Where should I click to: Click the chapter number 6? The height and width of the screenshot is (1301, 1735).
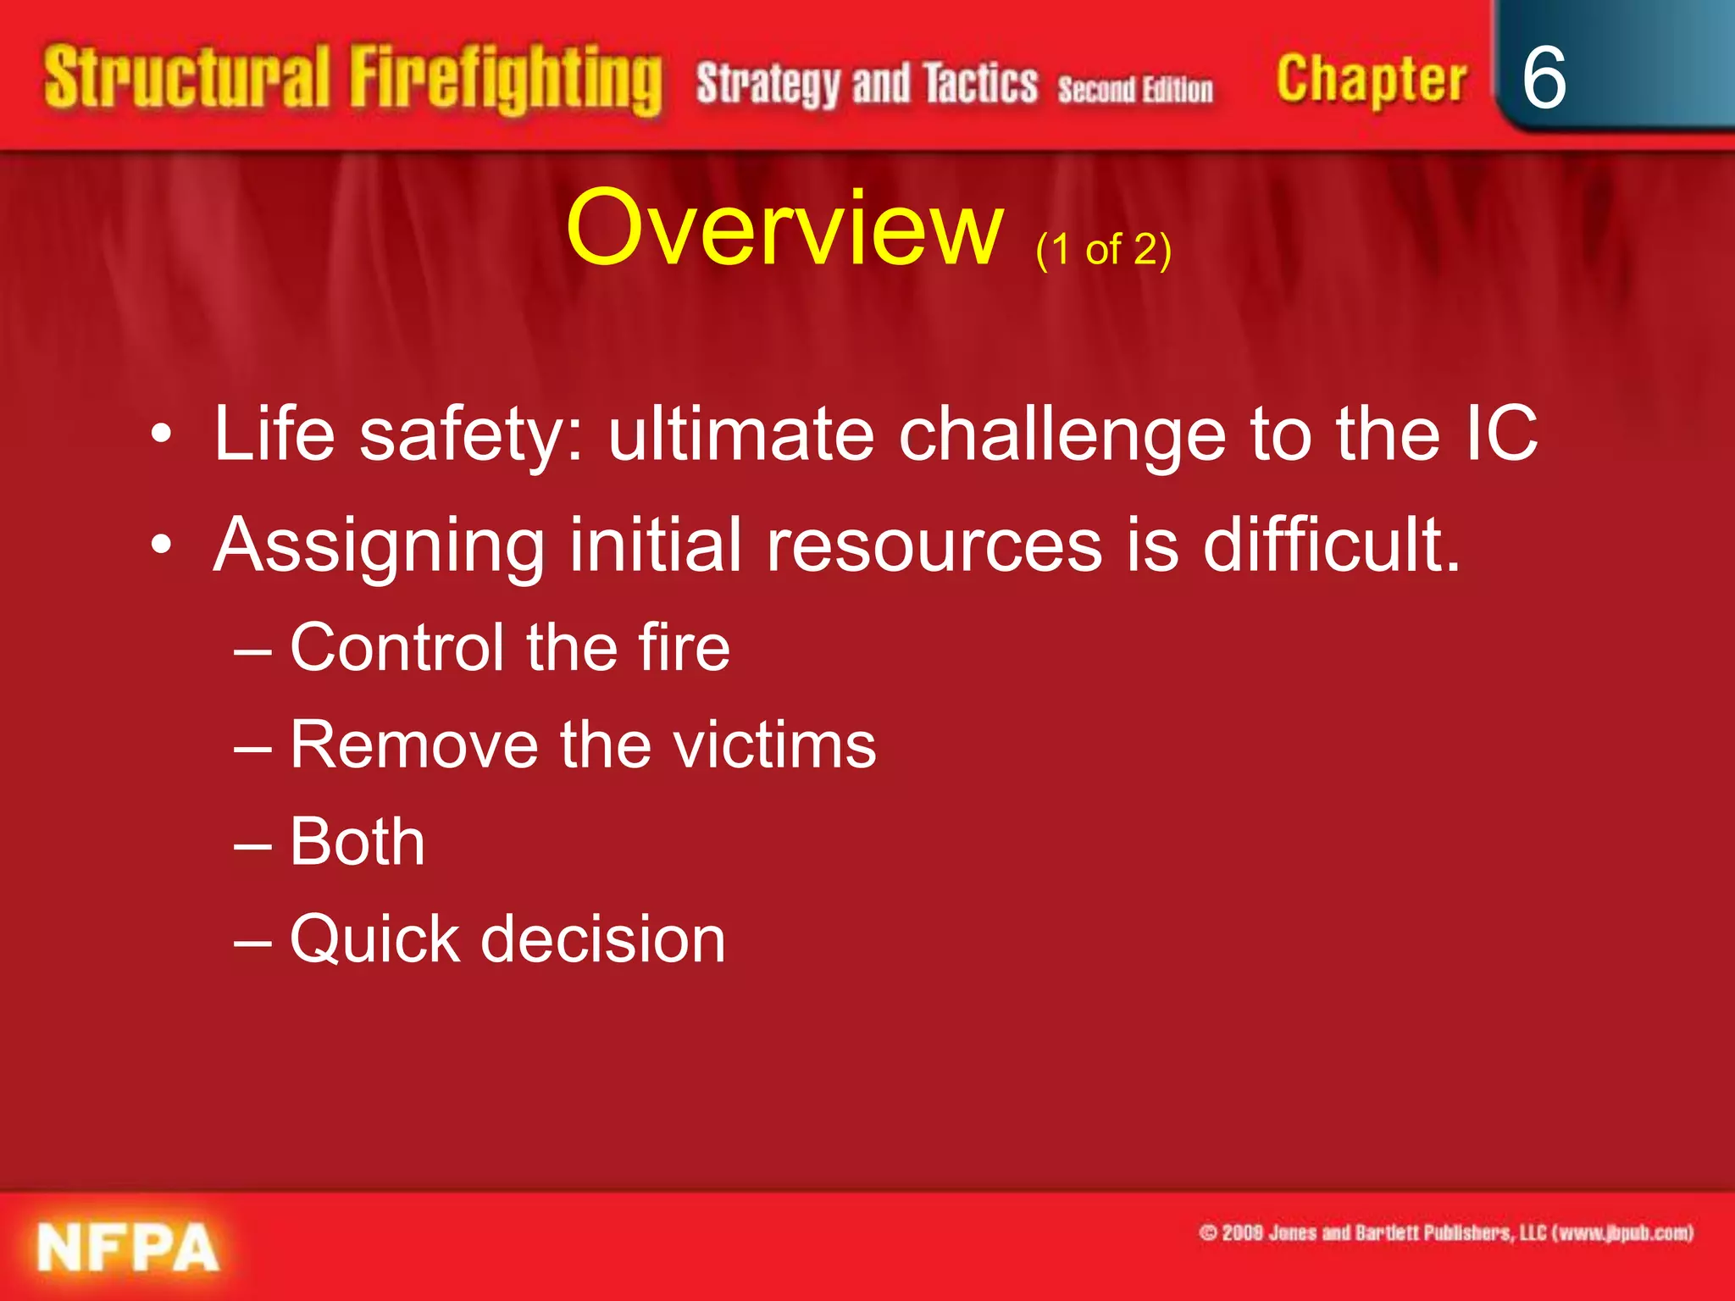1544,78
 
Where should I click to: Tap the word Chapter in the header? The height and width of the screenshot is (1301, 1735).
1371,80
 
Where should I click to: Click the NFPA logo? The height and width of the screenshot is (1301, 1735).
128,1248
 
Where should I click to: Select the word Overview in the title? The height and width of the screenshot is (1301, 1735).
784,229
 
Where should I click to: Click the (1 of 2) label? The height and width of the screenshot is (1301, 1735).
1103,250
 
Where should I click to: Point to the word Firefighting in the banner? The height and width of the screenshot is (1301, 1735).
506,80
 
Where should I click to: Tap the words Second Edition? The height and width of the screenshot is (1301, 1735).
1134,89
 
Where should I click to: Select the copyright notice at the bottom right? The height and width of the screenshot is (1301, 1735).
1446,1232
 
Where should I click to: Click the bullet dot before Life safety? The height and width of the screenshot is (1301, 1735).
161,435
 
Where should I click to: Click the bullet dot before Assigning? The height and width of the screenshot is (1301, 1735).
161,545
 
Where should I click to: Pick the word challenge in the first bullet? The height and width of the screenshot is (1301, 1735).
1062,435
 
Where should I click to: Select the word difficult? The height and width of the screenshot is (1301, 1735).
1331,545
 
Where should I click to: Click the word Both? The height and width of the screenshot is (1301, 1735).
357,842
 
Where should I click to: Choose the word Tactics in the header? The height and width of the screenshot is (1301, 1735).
979,85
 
